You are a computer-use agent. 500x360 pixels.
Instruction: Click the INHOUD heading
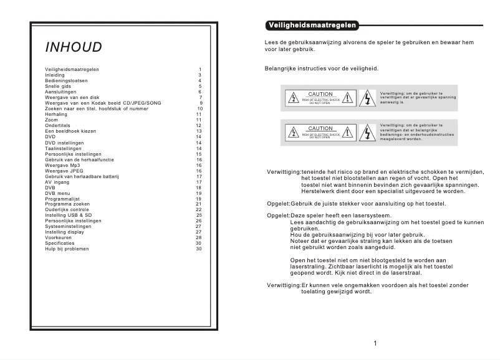[x=74, y=49]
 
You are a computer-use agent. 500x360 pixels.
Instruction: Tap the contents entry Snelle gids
[x=58, y=86]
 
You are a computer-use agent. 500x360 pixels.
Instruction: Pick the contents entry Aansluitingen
[x=60, y=92]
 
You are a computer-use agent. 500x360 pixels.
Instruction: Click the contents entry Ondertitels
[x=58, y=126]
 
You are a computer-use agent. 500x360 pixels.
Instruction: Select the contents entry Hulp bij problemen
[x=67, y=249]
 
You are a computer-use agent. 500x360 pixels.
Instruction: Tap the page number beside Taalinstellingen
[x=199, y=148]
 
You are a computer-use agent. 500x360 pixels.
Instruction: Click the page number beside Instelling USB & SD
[x=199, y=215]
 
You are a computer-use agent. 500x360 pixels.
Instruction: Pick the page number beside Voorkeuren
[x=199, y=237]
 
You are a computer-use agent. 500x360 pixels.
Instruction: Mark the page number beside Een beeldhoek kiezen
[x=199, y=131]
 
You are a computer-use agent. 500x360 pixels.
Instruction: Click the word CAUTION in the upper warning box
[x=320, y=94]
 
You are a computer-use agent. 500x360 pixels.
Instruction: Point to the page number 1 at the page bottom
[x=375, y=343]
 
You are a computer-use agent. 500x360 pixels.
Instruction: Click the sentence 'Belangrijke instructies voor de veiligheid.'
[x=321, y=69]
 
